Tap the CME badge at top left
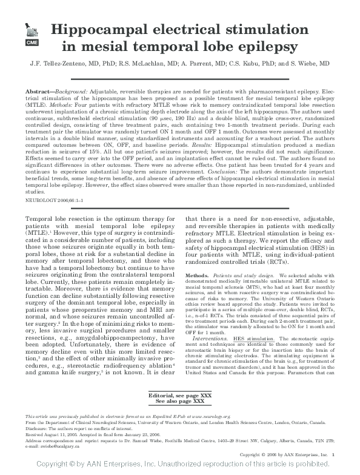click(x=30, y=44)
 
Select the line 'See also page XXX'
click(x=180, y=402)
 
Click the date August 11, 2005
click(x=56, y=434)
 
